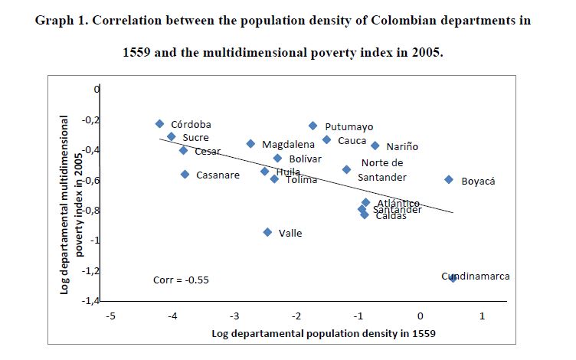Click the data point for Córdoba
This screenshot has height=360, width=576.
(159, 123)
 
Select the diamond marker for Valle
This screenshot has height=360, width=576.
(267, 232)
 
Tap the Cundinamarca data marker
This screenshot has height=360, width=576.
(453, 278)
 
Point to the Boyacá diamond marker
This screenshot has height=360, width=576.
(449, 179)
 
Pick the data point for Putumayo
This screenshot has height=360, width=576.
(313, 126)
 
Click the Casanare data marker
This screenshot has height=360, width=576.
(185, 174)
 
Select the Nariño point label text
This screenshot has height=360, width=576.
(402, 146)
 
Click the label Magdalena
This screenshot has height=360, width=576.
(288, 144)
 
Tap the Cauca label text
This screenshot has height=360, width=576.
(352, 140)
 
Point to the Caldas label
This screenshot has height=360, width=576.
(391, 216)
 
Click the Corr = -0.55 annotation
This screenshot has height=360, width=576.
(181, 280)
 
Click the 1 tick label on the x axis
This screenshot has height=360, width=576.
(482, 316)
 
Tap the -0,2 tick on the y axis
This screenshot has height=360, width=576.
(92, 119)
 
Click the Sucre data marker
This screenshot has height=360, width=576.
(172, 136)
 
